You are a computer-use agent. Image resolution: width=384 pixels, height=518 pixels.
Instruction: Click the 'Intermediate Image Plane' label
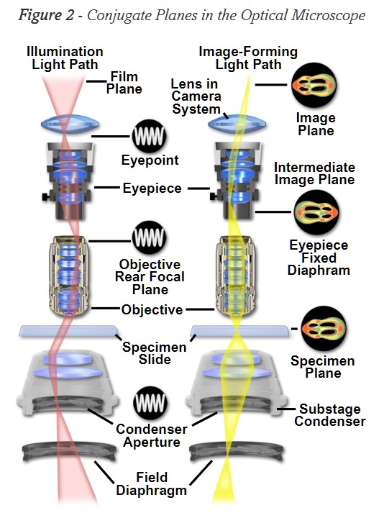tap(314, 173)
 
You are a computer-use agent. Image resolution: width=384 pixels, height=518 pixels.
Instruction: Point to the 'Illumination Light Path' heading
tap(65, 57)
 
